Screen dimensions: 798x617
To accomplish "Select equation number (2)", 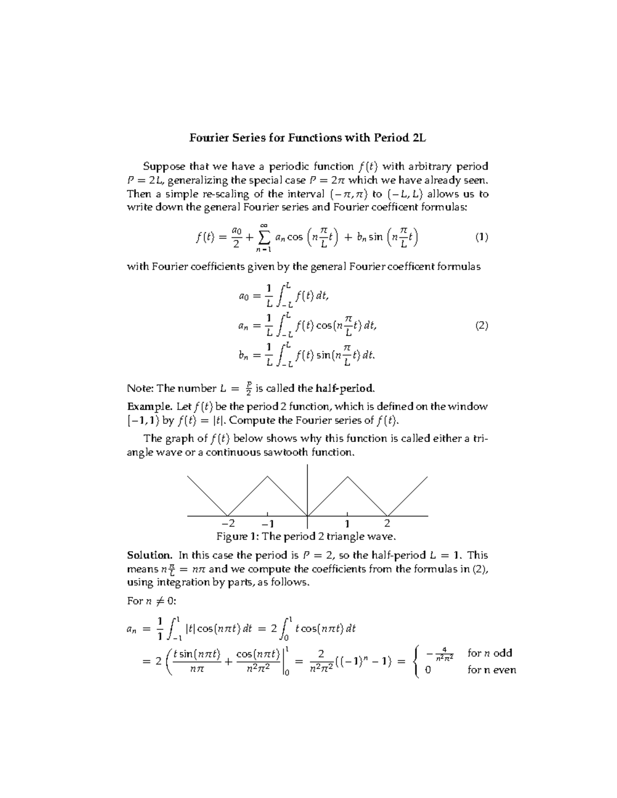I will [481, 325].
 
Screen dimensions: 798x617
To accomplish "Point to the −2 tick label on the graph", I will [228, 524].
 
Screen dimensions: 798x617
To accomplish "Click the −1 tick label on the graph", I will [267, 524].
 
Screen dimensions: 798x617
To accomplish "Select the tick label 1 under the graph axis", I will [348, 524].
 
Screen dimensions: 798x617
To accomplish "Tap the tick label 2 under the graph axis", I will [387, 524].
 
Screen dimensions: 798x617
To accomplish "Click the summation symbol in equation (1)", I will [264, 237].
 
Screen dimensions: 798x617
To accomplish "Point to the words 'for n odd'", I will [489, 653].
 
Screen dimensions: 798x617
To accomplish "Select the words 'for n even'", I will [492, 670].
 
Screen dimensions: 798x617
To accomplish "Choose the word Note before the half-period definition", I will [138, 388].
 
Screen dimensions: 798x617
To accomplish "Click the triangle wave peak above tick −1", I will [267, 476].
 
